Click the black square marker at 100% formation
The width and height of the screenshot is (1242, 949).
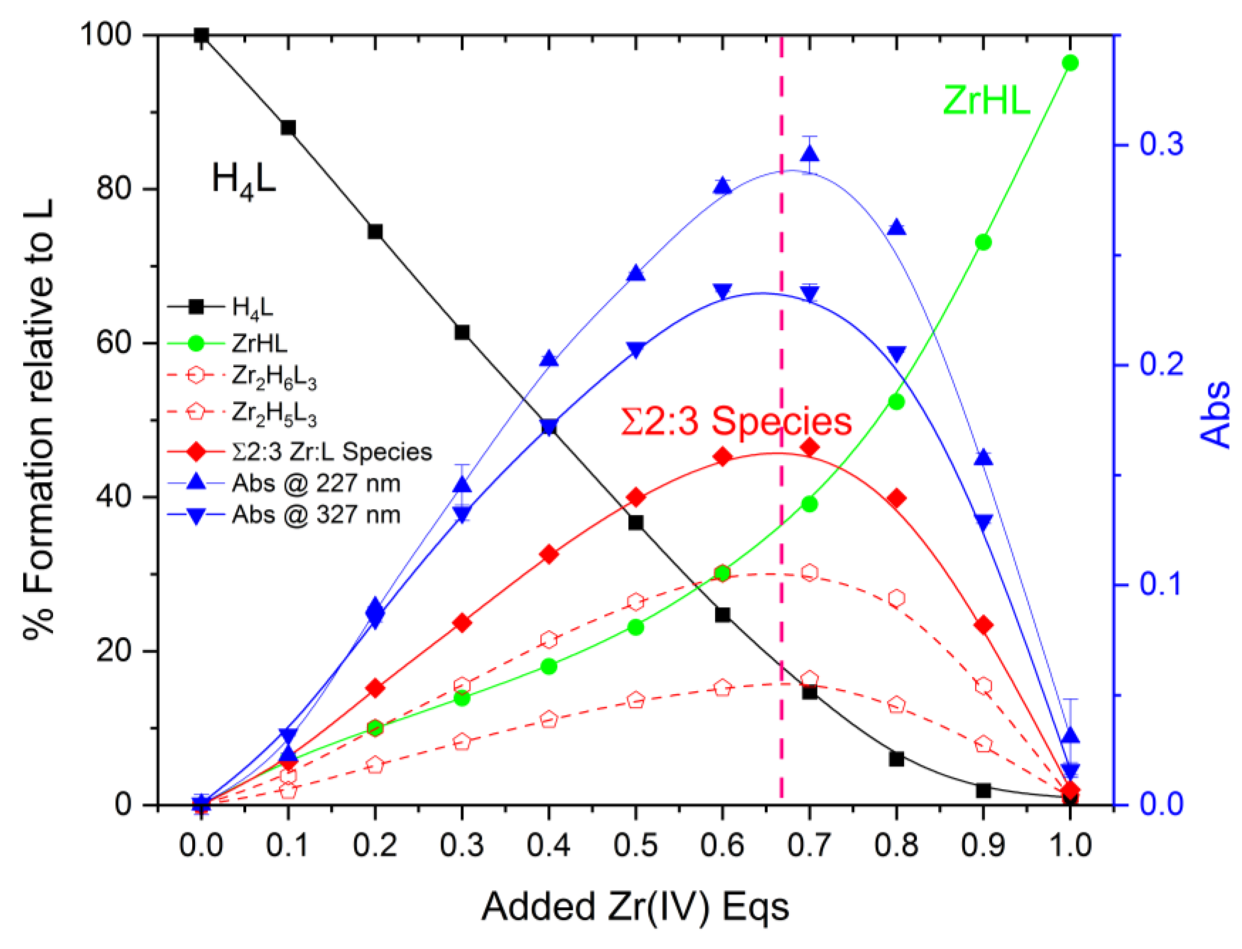201,35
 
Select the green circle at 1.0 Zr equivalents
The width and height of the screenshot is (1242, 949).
1070,63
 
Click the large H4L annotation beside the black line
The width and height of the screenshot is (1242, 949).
244,180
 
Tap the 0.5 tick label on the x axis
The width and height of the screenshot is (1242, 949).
636,845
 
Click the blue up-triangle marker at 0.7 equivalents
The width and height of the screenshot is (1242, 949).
810,154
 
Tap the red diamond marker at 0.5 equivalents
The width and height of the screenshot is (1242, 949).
636,498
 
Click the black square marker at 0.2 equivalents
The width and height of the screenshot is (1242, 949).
375,232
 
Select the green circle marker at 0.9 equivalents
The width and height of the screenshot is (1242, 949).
983,242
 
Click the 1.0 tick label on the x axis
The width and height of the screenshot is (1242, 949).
1070,845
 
